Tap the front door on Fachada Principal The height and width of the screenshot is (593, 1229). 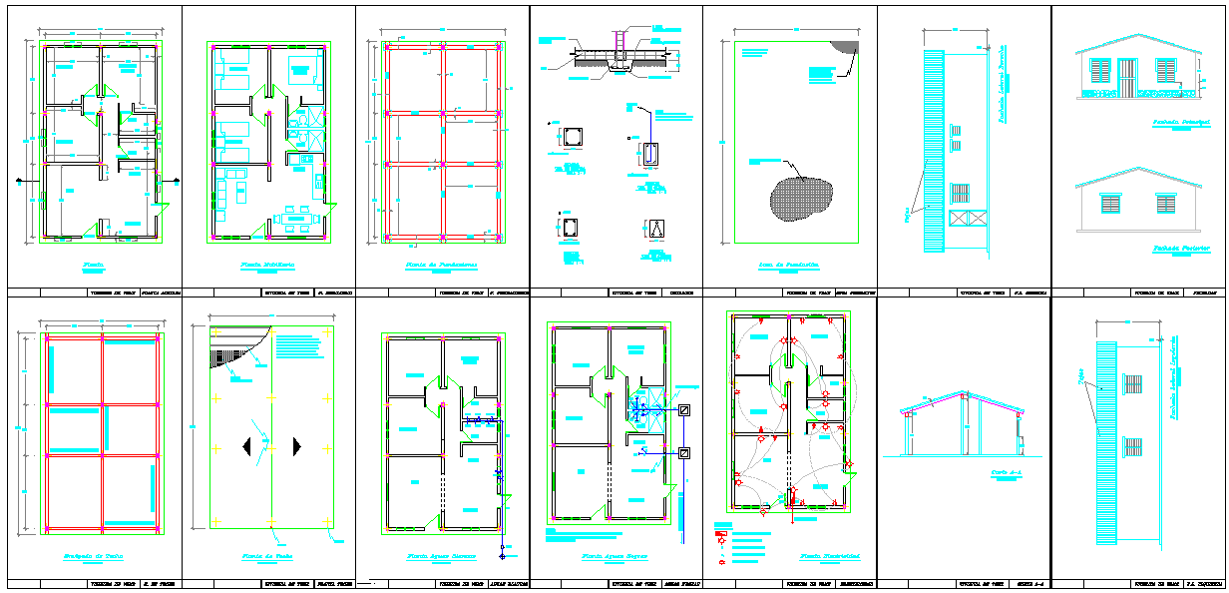1127,77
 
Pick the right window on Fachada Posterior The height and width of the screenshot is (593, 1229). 1165,203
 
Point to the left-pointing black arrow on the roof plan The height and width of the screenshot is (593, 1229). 246,447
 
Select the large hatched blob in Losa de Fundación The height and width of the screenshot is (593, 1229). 800,197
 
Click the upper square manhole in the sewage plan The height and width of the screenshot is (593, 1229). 684,410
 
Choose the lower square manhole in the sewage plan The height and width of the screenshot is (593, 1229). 684,453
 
